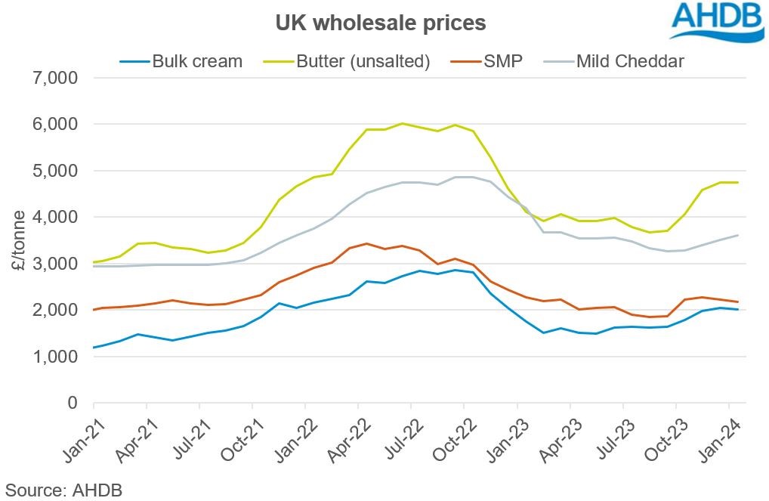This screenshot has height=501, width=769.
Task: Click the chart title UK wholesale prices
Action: [x=380, y=23]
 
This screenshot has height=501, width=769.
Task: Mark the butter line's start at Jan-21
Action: [x=94, y=262]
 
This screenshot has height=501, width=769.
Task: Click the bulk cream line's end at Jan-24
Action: [x=738, y=309]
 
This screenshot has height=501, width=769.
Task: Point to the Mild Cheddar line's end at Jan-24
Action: [x=738, y=235]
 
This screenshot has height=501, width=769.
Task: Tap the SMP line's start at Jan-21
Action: [x=94, y=309]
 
